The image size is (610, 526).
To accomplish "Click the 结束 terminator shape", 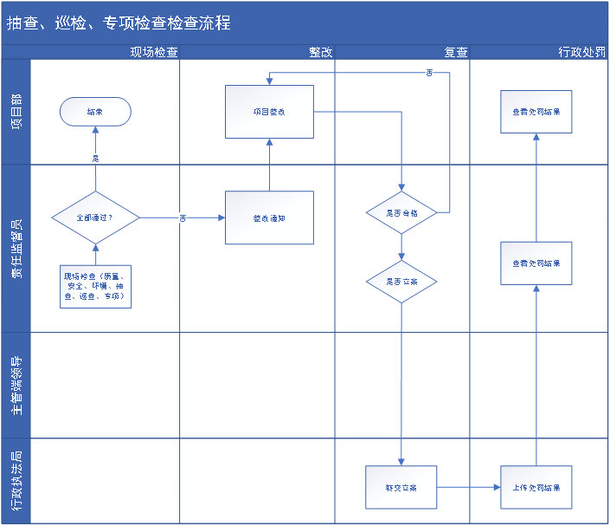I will point(95,112).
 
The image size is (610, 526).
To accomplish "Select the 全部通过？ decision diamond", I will point(95,217).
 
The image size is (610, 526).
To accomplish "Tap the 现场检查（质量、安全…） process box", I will point(95,285).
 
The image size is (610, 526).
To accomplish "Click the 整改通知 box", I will point(269,218).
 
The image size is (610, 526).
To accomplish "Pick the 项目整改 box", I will point(269,112).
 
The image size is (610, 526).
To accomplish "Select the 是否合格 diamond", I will point(401,211).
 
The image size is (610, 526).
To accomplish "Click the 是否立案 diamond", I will point(401,282).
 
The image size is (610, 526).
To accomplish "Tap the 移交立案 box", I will point(401,488).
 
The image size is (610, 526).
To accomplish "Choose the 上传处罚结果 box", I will point(536,488).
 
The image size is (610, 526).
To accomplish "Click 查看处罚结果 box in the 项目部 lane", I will point(536,112).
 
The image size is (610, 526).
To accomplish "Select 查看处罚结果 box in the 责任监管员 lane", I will point(536,263).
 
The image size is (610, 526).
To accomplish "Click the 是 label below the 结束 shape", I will point(95,158).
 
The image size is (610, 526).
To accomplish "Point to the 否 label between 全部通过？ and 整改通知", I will point(183,218).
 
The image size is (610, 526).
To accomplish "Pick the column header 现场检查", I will point(154,52).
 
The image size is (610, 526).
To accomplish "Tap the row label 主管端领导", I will point(16,386).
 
